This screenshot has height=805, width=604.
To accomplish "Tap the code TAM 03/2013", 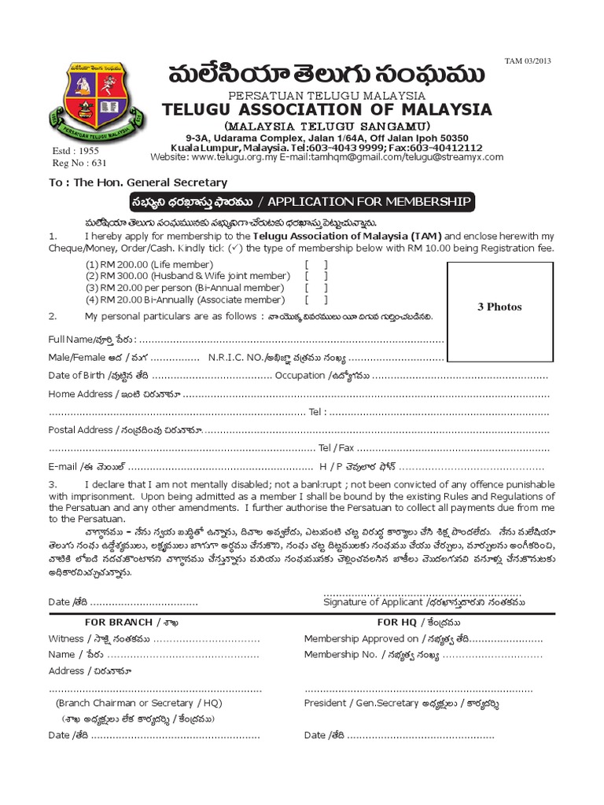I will click(x=536, y=61).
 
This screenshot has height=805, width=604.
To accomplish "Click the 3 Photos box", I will click(x=499, y=307).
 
